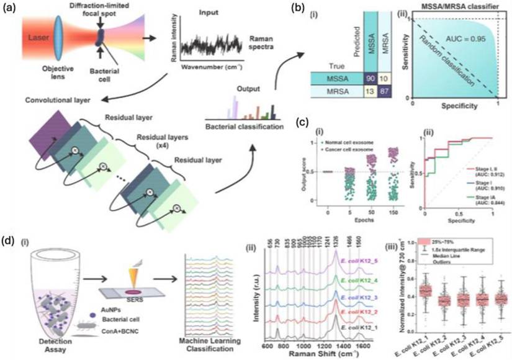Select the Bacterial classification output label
248,127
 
